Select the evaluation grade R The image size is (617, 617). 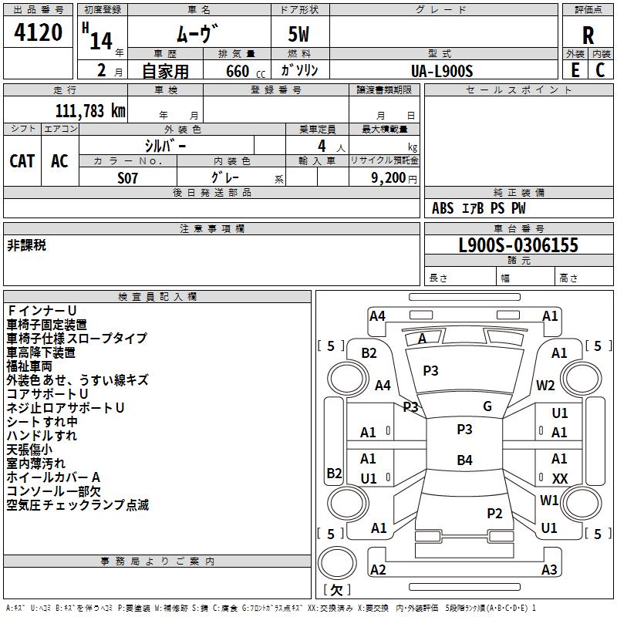click(x=588, y=35)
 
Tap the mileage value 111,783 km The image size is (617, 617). click(x=90, y=110)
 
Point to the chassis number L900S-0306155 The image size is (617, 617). click(x=518, y=245)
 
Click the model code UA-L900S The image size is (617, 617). click(x=442, y=71)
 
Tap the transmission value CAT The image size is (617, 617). click(x=22, y=160)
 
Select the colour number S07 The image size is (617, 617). click(x=128, y=177)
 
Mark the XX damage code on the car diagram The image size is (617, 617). click(x=560, y=479)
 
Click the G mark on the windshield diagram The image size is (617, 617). click(x=487, y=406)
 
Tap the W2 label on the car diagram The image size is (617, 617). click(x=546, y=386)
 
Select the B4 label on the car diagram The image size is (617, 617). click(x=464, y=460)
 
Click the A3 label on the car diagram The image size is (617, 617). click(x=549, y=570)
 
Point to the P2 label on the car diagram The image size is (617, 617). click(x=494, y=513)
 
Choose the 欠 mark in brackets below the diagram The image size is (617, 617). click(x=335, y=589)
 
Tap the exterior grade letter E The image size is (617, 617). click(x=575, y=70)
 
